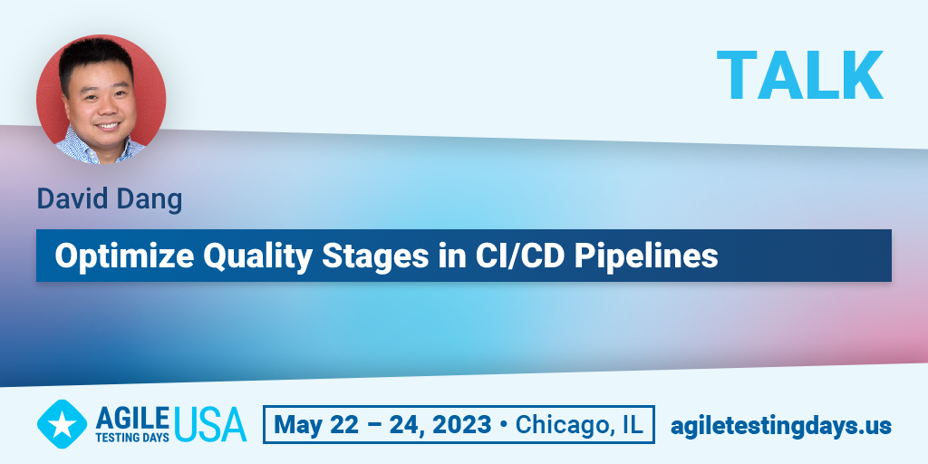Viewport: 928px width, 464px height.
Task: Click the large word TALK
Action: tap(799, 75)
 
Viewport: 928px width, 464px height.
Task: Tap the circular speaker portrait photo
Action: tap(101, 100)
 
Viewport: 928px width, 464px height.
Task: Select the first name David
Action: tap(72, 198)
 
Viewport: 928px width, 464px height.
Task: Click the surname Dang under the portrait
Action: tap(150, 200)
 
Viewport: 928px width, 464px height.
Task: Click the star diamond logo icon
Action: tap(62, 424)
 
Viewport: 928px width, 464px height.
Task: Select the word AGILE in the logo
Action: tap(132, 418)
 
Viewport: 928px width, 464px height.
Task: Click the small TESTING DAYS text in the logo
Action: tap(132, 438)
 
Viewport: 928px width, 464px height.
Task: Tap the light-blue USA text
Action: tap(210, 424)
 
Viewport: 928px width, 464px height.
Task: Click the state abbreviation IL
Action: tap(632, 425)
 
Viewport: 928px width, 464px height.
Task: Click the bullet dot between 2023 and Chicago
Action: tap(504, 426)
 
